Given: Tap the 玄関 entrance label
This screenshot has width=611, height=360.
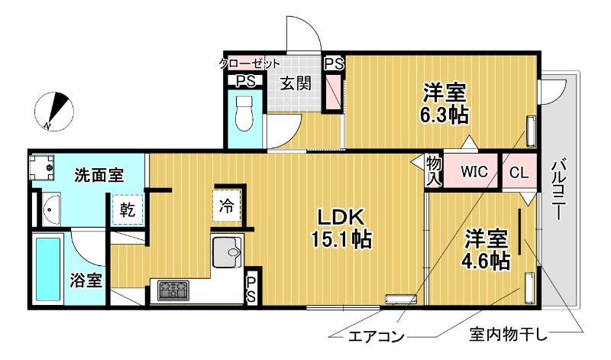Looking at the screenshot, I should (294, 84).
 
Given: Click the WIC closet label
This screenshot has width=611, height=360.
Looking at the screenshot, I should (474, 172).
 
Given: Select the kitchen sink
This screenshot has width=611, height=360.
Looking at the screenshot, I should (226, 250).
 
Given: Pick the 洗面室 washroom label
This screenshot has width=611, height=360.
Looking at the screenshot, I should (99, 175).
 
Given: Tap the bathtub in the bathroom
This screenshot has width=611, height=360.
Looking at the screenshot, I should (52, 269).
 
